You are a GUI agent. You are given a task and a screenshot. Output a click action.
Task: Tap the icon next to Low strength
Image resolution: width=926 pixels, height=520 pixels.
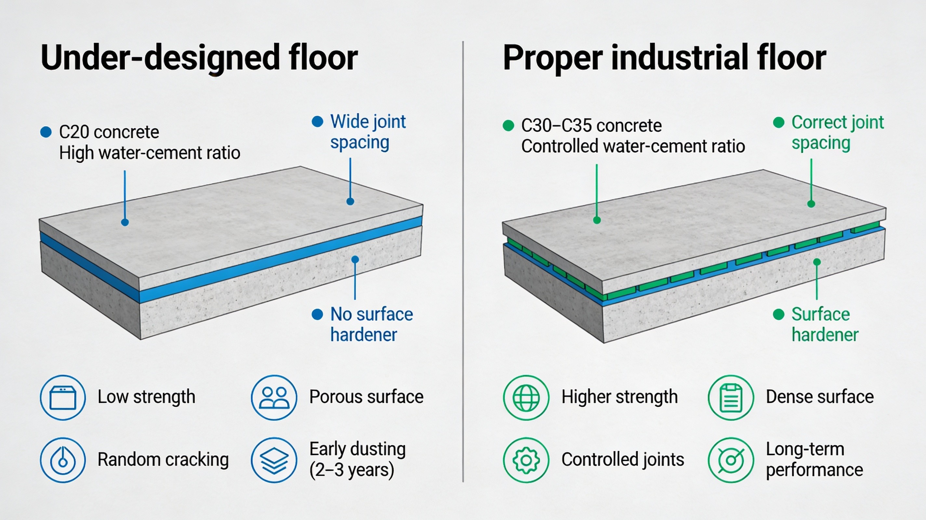63,397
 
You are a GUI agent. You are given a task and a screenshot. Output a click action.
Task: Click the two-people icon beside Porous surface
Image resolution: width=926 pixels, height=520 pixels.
274,397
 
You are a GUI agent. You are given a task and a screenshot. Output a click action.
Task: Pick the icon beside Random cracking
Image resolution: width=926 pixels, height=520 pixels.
63,460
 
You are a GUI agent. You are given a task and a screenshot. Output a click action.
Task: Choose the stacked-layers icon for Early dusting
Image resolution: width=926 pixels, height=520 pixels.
274,460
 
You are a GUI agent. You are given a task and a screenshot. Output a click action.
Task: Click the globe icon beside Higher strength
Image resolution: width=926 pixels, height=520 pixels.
526,397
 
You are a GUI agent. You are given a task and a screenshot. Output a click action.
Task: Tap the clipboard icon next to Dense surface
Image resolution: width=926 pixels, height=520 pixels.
731,397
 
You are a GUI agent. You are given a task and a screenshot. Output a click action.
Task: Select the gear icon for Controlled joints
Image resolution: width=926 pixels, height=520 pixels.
526,460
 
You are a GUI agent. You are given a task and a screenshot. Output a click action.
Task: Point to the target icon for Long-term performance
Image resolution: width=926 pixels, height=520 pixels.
731,460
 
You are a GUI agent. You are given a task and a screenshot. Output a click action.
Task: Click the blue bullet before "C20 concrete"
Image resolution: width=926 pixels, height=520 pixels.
46,132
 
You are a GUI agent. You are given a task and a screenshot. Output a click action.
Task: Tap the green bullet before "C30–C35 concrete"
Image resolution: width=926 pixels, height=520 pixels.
508,125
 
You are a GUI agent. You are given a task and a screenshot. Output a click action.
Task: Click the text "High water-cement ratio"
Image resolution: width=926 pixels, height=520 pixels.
150,153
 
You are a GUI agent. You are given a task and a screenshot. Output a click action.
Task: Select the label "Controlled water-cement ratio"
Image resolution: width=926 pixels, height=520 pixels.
633,147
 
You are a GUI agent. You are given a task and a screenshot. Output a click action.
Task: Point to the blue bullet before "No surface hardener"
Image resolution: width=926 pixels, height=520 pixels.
317,315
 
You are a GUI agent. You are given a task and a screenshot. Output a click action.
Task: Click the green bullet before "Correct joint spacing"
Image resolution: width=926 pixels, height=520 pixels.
779,123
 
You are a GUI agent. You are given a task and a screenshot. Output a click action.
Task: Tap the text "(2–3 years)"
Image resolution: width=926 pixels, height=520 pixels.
351,470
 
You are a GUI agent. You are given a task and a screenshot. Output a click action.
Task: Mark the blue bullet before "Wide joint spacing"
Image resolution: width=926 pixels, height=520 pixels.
317,122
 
